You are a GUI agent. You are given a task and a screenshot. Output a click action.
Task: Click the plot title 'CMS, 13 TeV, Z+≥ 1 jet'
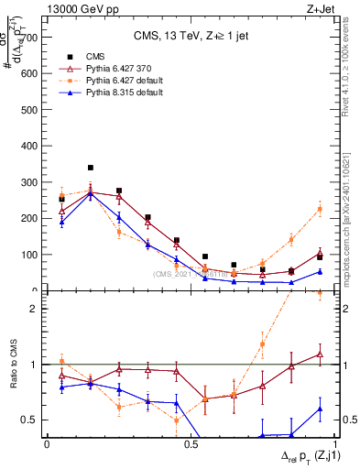click(189, 38)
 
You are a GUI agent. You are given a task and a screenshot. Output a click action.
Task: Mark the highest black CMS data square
click(90, 168)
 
